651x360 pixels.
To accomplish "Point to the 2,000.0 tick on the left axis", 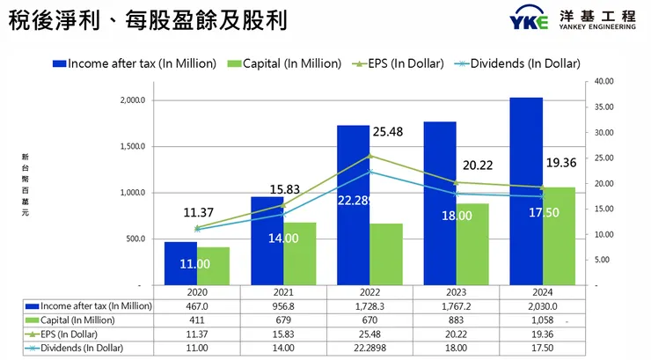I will coord(131,100).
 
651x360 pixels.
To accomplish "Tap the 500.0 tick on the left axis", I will coord(136,239).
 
